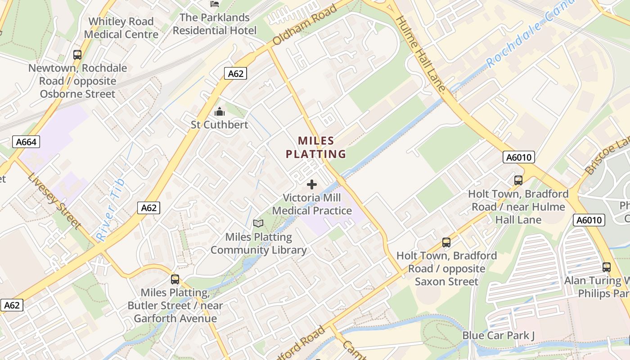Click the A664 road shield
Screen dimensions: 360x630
click(26, 142)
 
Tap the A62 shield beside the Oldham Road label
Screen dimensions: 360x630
click(235, 73)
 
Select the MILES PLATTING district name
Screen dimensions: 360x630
click(316, 148)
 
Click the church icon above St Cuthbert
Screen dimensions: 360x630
click(220, 112)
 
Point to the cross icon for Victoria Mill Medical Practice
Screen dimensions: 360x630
click(311, 184)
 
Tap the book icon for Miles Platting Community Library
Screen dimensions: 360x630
click(258, 224)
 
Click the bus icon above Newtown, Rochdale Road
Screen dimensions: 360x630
click(77, 55)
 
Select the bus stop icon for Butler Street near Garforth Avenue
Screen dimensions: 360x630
click(175, 279)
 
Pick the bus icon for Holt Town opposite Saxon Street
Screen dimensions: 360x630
click(446, 243)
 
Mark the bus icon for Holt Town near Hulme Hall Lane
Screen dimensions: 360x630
click(518, 180)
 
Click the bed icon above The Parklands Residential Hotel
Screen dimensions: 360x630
click(215, 4)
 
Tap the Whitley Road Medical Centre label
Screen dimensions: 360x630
click(121, 28)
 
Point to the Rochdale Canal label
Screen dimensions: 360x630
click(531, 34)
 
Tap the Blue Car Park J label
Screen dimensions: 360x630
click(499, 336)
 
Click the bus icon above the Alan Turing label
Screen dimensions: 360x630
click(607, 267)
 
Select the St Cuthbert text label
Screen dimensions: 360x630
click(220, 125)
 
